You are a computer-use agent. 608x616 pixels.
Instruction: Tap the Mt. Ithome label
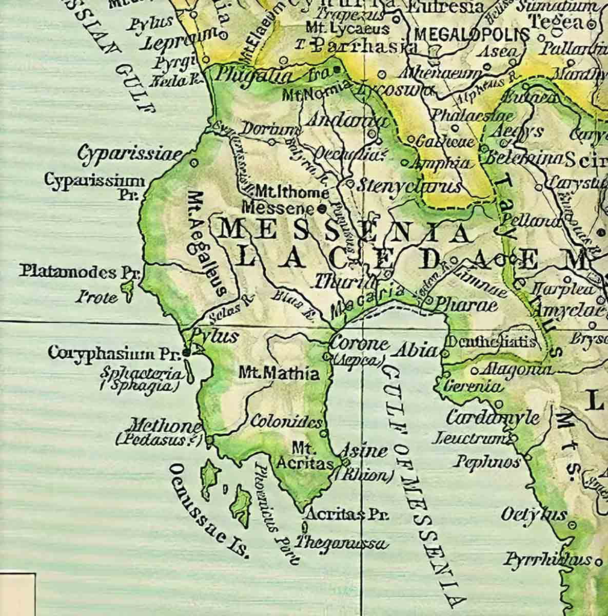(292, 193)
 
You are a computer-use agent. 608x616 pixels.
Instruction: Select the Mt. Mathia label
(279, 374)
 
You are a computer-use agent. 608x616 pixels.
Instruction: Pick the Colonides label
(286, 422)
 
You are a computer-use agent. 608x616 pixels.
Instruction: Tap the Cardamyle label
(493, 417)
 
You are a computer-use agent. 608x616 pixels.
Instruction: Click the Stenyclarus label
(409, 186)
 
